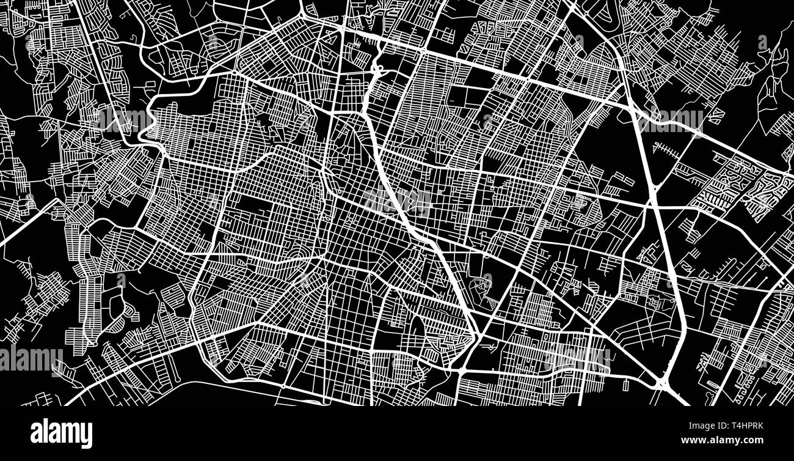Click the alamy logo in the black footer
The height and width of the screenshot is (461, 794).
(x=61, y=433)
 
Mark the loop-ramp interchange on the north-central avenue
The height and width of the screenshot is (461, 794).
(x=376, y=64)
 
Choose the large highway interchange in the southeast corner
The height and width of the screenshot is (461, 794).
(x=663, y=382)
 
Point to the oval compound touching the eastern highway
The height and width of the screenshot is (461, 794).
(x=654, y=303)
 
